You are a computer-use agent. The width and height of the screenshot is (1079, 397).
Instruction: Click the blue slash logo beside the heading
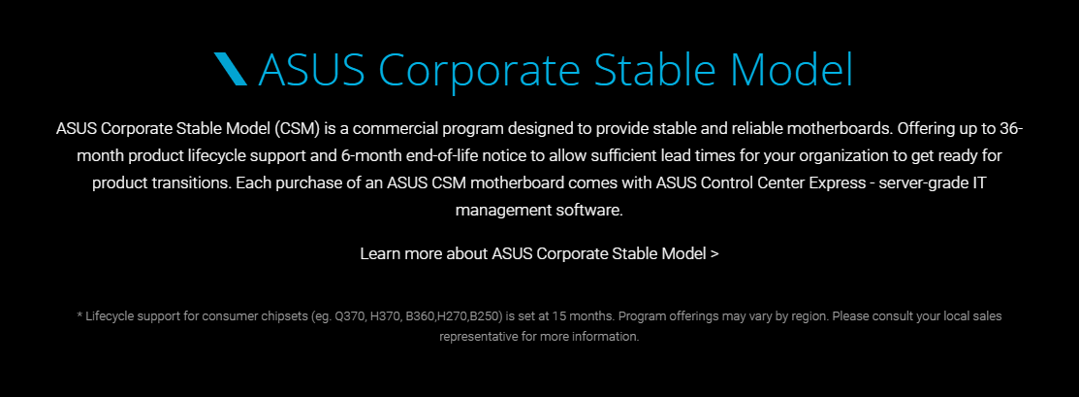click(231, 69)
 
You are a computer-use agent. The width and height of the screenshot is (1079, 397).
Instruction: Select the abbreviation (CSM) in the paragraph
click(297, 129)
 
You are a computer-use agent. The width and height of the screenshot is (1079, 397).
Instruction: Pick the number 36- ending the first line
click(1009, 129)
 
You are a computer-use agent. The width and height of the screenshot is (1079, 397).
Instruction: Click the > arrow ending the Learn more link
click(714, 254)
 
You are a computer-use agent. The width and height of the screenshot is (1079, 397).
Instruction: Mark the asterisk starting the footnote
click(79, 314)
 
